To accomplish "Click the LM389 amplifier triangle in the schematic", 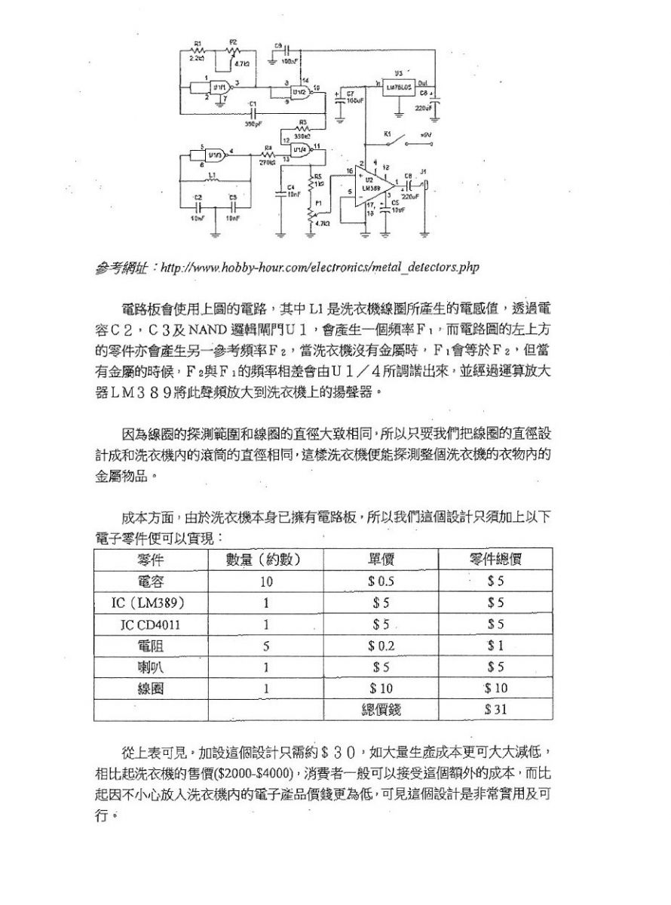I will click(372, 185).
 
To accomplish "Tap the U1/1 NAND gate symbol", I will click(220, 88).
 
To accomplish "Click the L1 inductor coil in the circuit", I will click(213, 181).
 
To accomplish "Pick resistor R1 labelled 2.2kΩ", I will click(198, 50).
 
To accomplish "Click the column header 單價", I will click(381, 560).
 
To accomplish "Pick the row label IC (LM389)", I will click(151, 603).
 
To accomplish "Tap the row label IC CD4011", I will click(151, 624).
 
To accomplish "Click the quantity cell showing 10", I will click(266, 581).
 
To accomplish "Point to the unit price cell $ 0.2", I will click(381, 646).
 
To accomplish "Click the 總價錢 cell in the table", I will click(381, 710).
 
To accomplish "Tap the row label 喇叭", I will click(151, 667).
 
